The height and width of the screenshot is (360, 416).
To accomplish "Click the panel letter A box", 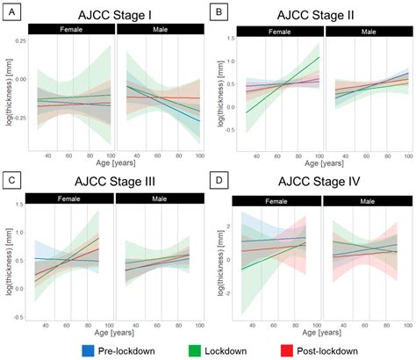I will pos(11,11).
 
